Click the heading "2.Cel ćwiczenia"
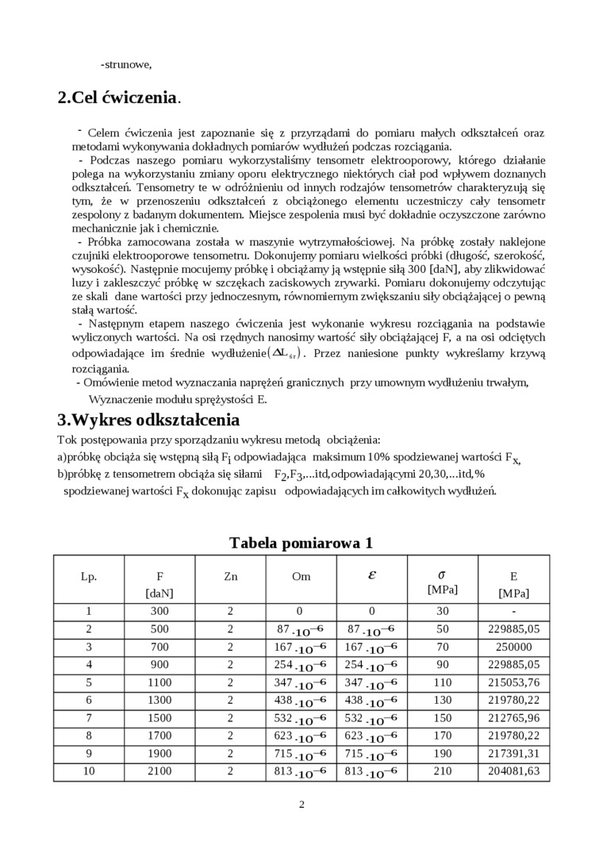click(118, 98)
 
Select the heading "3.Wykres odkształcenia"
click(148, 420)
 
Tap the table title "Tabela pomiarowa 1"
click(301, 544)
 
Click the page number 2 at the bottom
click(301, 805)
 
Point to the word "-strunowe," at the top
click(126, 64)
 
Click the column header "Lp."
click(89, 577)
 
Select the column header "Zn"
click(231, 577)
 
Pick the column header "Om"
click(301, 577)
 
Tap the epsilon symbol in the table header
click(372, 575)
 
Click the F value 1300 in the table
click(159, 699)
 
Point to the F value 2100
click(159, 770)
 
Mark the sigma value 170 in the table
click(442, 735)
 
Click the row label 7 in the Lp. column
click(89, 717)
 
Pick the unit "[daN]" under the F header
click(159, 593)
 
